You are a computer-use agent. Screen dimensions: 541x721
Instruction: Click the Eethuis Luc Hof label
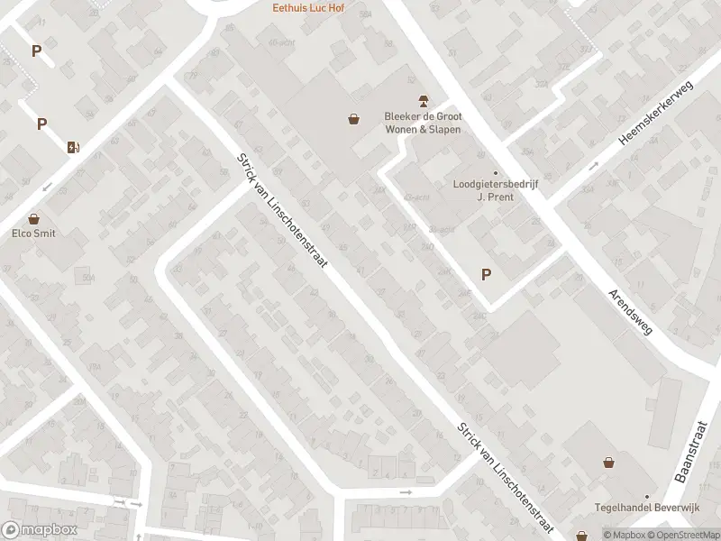pyautogui.click(x=310, y=8)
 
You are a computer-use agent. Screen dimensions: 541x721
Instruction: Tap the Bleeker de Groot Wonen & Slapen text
pyautogui.click(x=422, y=123)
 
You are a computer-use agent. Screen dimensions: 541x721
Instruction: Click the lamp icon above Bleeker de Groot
pyautogui.click(x=421, y=99)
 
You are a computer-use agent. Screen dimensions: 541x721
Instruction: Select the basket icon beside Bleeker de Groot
pyautogui.click(x=355, y=118)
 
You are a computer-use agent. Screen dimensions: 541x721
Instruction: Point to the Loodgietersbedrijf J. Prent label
pyautogui.click(x=495, y=190)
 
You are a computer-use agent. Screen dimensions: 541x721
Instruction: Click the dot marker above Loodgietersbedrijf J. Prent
pyautogui.click(x=495, y=173)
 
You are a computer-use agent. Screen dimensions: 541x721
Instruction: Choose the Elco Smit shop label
pyautogui.click(x=34, y=234)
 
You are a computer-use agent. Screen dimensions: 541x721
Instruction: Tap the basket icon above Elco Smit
pyautogui.click(x=34, y=218)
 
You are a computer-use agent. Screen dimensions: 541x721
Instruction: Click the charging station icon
pyautogui.click(x=73, y=147)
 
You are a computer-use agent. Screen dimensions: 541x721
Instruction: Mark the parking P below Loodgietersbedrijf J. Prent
pyautogui.click(x=487, y=275)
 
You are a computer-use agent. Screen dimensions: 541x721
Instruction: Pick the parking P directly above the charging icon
pyautogui.click(x=41, y=124)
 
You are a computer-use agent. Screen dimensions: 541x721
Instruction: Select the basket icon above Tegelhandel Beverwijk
pyautogui.click(x=610, y=463)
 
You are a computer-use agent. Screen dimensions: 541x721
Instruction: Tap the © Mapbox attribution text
pyautogui.click(x=624, y=535)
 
